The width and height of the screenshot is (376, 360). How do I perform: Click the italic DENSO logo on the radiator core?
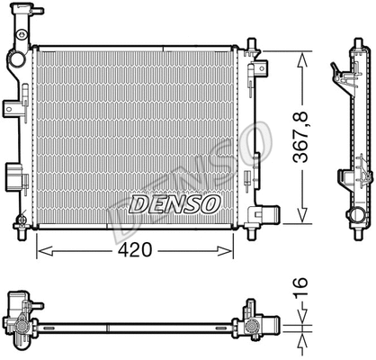tap(175, 203)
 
